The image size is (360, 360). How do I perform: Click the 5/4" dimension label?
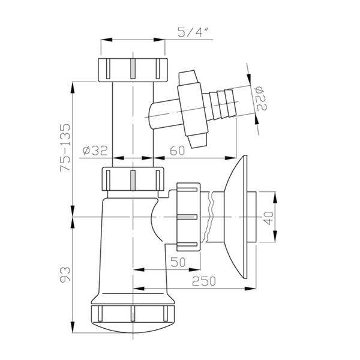pos(191,32)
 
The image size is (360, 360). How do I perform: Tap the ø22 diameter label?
pos(261,98)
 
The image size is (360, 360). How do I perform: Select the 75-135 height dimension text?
pos(65,148)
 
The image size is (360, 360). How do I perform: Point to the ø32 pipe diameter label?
pos(95,151)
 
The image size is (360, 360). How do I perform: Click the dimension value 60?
pos(177,151)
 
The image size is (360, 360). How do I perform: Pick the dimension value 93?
pos(65,274)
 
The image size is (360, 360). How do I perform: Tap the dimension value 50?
pos(178,262)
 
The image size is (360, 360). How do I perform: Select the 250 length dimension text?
pos(204,281)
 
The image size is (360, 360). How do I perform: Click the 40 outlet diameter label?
pos(269,218)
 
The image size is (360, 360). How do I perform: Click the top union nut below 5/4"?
pos(133,70)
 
